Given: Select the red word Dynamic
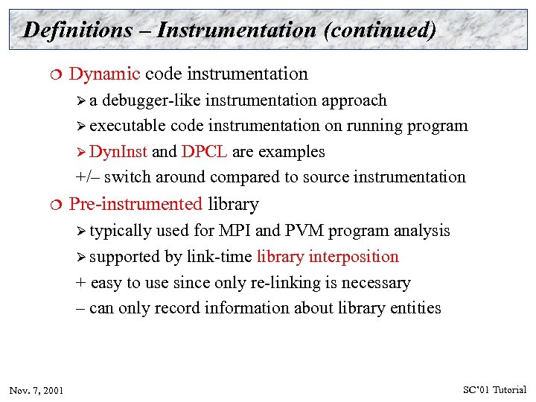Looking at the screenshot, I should pyautogui.click(x=104, y=74).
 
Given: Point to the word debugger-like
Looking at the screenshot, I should pyautogui.click(x=155, y=100).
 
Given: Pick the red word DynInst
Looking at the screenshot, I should pyautogui.click(x=118, y=152).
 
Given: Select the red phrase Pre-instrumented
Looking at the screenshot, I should pyautogui.click(x=135, y=204).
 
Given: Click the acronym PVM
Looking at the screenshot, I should pyautogui.click(x=304, y=231).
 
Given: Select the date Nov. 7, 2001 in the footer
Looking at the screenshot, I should pyautogui.click(x=36, y=390).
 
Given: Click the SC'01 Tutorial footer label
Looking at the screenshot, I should pyautogui.click(x=494, y=389).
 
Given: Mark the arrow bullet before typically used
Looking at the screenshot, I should pyautogui.click(x=81, y=231).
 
